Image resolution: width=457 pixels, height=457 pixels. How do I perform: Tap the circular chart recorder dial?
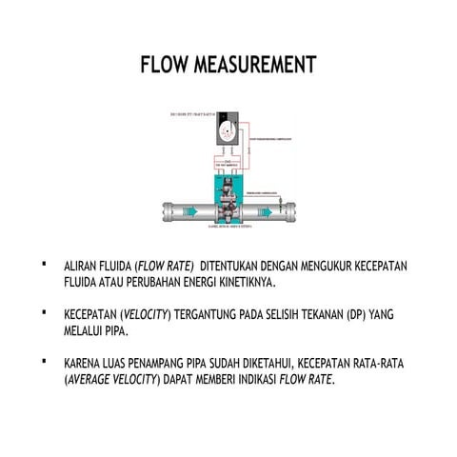point(228,132)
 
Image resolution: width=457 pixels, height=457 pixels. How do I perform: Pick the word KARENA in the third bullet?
point(84,366)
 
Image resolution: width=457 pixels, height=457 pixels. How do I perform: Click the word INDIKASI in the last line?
point(249,382)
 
